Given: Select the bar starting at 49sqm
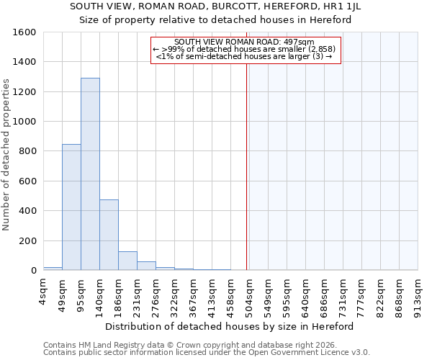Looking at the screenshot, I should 71,207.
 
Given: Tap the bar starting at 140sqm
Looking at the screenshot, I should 109,235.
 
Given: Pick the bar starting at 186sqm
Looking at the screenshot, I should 127,261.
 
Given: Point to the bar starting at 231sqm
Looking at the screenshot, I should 146,266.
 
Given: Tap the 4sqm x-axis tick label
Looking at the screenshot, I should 44,292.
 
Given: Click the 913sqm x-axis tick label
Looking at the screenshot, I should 418,292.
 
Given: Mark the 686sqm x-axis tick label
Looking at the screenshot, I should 325,292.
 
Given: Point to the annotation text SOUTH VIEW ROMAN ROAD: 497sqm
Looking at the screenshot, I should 244,42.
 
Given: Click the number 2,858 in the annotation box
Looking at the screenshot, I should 320,49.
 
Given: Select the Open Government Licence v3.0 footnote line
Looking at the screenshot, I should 207,352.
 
